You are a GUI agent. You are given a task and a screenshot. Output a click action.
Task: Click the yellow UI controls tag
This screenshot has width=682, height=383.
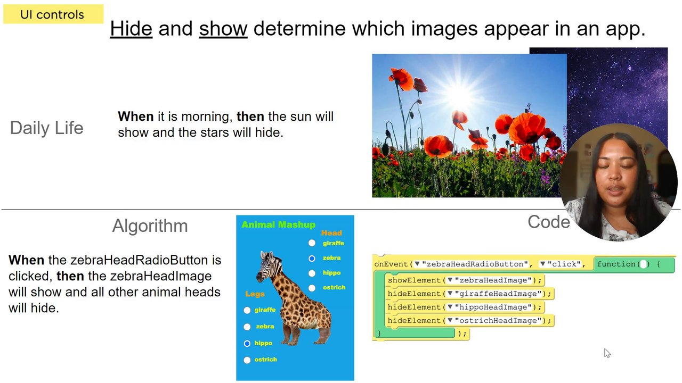point(53,14)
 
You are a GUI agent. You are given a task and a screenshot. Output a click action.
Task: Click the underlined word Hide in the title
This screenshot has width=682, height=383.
point(131,29)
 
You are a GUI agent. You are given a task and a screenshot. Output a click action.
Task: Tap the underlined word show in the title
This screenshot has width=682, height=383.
point(223,29)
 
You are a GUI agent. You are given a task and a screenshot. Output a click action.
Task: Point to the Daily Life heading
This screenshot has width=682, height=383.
point(46,128)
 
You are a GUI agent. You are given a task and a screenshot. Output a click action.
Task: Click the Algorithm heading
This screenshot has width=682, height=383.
point(150,226)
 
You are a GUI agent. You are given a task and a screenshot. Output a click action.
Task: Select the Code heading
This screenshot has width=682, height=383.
point(549,222)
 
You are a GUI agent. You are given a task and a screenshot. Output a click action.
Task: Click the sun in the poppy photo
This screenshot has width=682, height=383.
point(460,95)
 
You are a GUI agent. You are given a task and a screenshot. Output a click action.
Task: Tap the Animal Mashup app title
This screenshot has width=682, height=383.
point(278,224)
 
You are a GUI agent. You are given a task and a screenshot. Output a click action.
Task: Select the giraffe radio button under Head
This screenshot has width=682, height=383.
point(312,243)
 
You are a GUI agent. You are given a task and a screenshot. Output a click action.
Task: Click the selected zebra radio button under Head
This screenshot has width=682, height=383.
point(312,258)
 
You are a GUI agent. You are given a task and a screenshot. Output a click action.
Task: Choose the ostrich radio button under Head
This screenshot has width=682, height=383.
point(312,288)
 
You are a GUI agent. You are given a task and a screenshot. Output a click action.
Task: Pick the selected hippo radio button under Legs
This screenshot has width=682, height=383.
point(247,343)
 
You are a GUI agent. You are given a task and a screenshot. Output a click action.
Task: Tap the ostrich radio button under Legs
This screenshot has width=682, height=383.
point(247,360)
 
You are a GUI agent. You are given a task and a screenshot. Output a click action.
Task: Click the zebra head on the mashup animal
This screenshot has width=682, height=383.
point(269,266)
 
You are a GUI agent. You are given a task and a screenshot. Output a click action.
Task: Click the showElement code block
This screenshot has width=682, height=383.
point(465,280)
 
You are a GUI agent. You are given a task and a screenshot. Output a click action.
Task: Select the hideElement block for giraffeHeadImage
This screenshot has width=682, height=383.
point(469,293)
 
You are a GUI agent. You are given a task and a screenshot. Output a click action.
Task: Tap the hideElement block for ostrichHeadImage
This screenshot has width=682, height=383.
point(469,320)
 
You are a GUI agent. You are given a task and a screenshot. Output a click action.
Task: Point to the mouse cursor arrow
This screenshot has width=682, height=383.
point(607,353)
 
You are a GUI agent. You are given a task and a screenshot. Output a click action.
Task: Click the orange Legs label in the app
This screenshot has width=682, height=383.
point(255,294)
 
